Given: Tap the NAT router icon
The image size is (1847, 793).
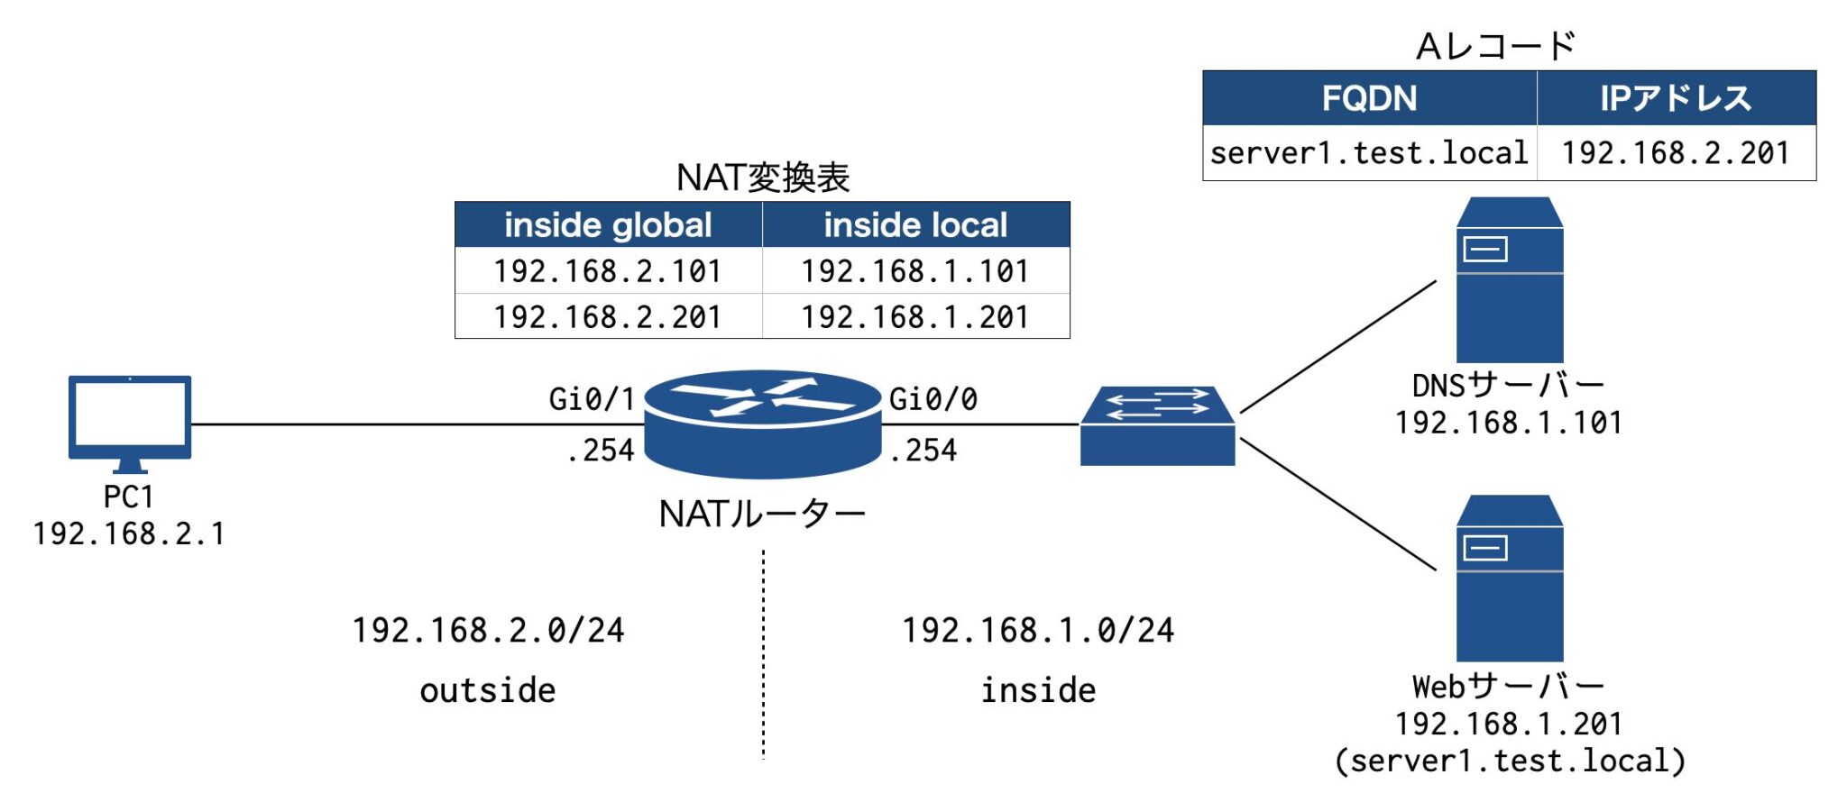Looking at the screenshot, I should tap(762, 424).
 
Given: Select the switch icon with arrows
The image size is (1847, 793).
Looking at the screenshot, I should tap(1157, 426).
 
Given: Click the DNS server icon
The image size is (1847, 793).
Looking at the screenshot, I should tap(1509, 280).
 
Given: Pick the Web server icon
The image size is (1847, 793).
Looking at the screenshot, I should tap(1509, 578).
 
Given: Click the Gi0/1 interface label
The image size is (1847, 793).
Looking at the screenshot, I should tap(591, 398).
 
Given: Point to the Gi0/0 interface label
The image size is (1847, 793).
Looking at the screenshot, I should tap(933, 398).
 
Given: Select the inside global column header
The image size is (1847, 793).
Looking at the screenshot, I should tap(608, 224).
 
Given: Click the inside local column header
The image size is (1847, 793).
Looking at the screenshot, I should tap(915, 224).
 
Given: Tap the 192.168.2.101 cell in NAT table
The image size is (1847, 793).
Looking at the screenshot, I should tap(608, 270).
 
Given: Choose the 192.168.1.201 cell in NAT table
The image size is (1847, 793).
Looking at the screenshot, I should tap(915, 316).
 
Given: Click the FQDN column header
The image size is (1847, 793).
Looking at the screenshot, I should tap(1369, 97).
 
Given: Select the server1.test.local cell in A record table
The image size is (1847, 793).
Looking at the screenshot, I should tap(1369, 152).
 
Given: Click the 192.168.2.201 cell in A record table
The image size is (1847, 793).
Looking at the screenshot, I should tap(1676, 152).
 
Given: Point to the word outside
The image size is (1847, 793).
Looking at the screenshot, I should tap(487, 690).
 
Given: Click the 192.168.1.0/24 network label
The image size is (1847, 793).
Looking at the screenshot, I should tap(1038, 630).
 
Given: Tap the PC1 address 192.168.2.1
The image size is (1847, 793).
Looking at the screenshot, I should tap(129, 533).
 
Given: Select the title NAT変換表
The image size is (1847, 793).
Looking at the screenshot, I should tap(762, 177).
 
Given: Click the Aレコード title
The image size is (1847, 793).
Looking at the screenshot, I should tap(1495, 45).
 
